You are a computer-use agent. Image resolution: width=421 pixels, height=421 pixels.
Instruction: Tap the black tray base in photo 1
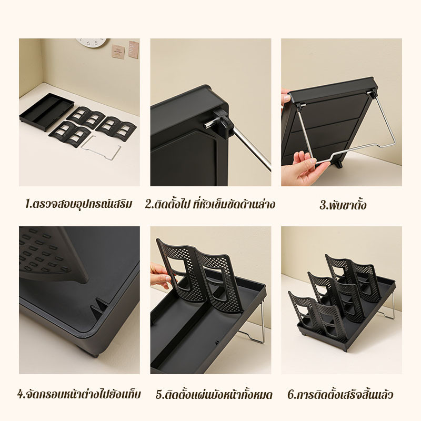tap(47, 112)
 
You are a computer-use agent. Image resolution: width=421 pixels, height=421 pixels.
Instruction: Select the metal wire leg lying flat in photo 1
tap(101, 148)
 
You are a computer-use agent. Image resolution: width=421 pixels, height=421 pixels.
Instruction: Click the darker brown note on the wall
tap(134, 49)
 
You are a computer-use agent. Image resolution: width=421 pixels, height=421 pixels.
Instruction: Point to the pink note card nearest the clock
tap(118, 52)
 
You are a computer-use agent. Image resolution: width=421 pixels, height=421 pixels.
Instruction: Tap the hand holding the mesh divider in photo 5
tap(161, 276)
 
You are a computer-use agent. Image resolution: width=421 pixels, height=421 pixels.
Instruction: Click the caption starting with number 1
tap(78, 204)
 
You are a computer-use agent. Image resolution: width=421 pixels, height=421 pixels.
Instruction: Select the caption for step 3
tap(343, 205)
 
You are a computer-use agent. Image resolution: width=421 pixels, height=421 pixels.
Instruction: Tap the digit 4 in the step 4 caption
tap(20, 395)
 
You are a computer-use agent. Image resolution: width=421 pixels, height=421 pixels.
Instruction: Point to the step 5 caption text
tap(214, 394)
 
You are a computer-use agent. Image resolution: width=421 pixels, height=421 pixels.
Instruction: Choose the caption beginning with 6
tap(340, 394)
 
